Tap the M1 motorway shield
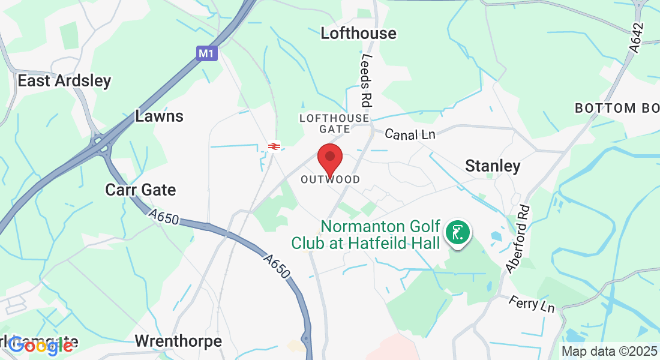coord(206,53)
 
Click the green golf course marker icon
coord(457,232)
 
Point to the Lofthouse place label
coord(358,33)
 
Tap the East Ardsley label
coord(64,81)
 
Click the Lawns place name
coord(159,116)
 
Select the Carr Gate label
coord(140,190)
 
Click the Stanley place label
coord(493,166)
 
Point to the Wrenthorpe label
coord(178,341)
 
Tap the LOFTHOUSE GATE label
coord(335,124)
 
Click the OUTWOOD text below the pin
coord(331,179)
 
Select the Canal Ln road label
coord(409,134)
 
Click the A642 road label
coord(637,37)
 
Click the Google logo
coord(41,345)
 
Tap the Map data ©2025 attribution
coord(608,351)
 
